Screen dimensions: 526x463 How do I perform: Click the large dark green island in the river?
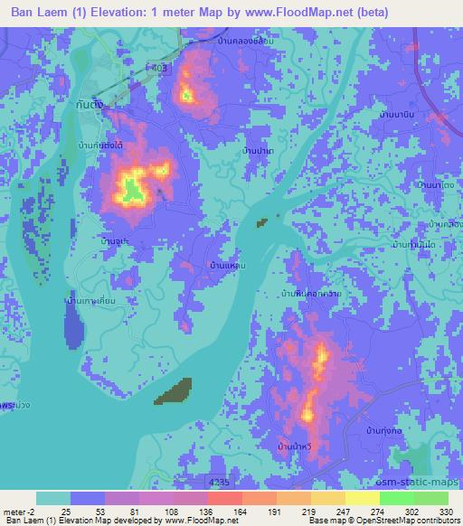(174, 391)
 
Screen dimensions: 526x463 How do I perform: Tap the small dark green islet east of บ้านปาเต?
(263, 221)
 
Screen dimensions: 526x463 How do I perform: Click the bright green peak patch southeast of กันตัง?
(132, 189)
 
